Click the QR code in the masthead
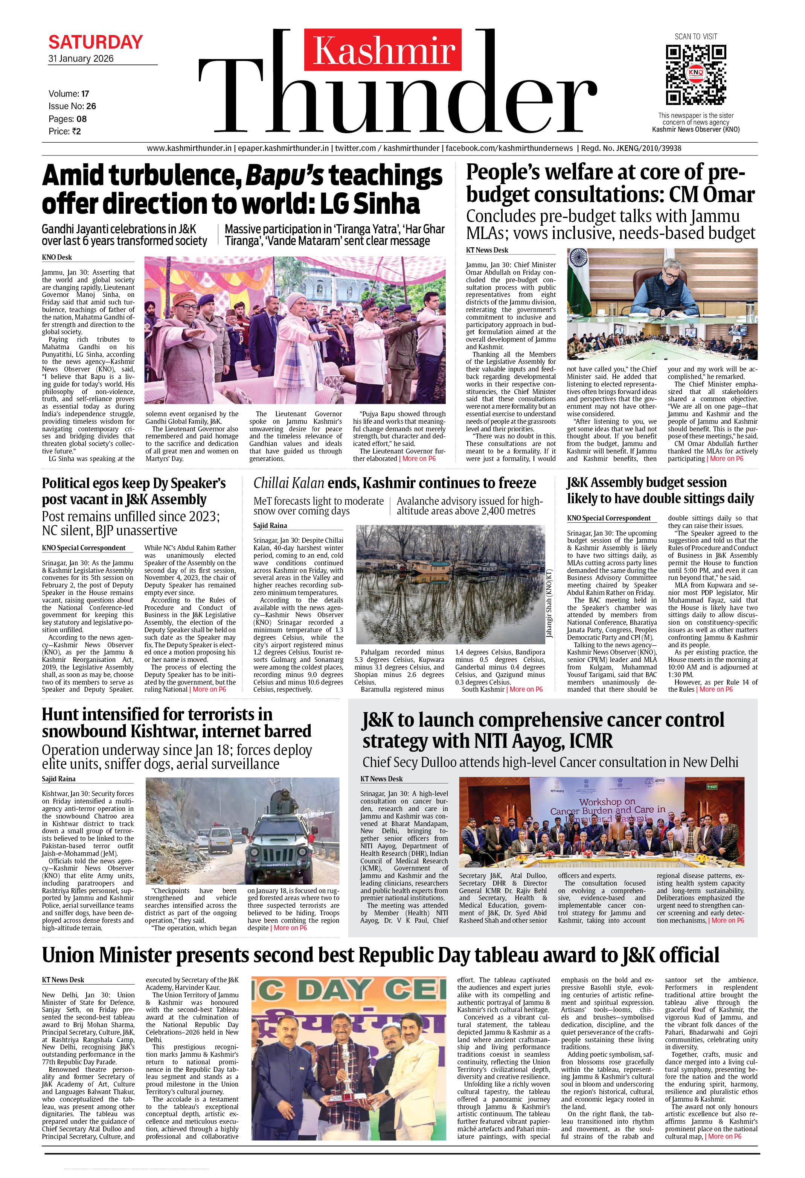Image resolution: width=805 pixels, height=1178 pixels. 695,75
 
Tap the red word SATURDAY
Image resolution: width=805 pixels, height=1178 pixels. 95,41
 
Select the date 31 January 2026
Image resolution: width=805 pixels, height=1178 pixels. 81,58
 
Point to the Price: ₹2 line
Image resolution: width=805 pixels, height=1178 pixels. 64,131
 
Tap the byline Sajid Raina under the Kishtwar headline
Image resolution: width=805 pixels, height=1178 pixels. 58,779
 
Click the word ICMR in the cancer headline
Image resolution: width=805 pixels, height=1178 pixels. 591,741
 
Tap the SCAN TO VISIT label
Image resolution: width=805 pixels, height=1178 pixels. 695,37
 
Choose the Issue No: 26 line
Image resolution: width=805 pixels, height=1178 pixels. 72,106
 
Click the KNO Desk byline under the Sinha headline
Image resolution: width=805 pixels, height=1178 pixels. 57,257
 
